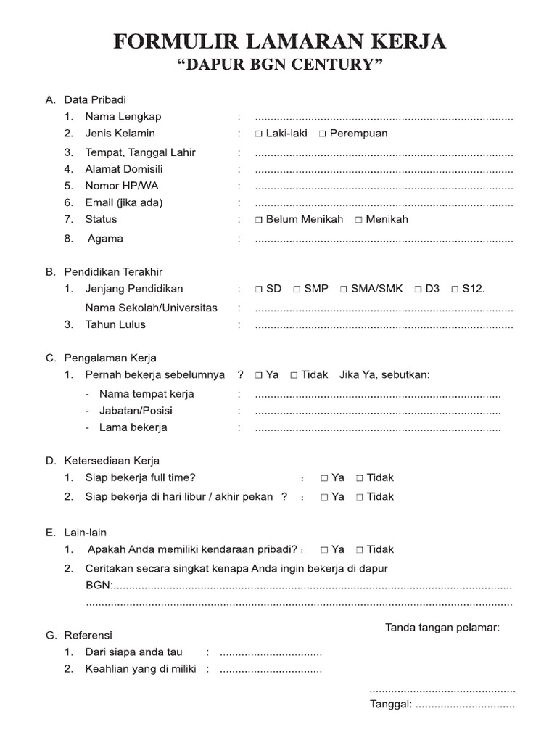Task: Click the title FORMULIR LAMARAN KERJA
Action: (x=279, y=43)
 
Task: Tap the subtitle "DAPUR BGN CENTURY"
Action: (x=279, y=66)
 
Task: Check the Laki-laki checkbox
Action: (x=259, y=134)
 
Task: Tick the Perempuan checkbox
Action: (x=323, y=134)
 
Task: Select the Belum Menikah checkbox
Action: (x=259, y=220)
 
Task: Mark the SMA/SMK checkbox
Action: (x=344, y=290)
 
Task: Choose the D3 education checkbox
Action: (x=418, y=290)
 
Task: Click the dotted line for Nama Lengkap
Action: (x=384, y=118)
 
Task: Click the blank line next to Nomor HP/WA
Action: (x=384, y=187)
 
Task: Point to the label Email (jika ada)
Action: (x=123, y=202)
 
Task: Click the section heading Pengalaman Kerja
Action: (x=110, y=358)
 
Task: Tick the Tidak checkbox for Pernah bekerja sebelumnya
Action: (x=294, y=376)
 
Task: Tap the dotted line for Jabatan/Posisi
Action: (x=377, y=411)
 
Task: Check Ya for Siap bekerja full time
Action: (x=324, y=478)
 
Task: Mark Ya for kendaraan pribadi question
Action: (x=324, y=550)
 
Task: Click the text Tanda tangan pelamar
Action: (x=442, y=627)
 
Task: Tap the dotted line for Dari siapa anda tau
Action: (x=271, y=653)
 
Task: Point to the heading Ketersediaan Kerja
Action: (x=112, y=461)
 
